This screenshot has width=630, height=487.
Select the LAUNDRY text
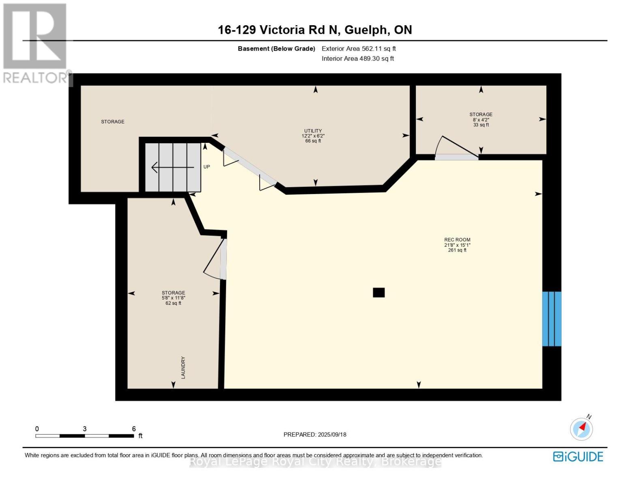coord(183,368)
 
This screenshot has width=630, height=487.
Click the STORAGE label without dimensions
coord(112,121)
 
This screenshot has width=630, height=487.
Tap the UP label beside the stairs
coord(206,167)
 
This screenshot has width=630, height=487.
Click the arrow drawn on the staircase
coord(173,167)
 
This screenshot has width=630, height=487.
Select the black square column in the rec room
coord(378,292)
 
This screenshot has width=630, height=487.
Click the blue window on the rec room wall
coord(552,319)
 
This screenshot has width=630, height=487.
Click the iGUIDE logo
coord(578,457)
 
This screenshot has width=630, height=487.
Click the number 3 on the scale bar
coord(85,429)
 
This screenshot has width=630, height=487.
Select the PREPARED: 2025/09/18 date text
coord(315,435)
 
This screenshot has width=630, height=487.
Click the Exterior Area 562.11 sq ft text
coord(359,49)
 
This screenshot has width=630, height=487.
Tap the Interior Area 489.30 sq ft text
coord(358,58)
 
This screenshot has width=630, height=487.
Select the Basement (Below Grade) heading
coord(276,49)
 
